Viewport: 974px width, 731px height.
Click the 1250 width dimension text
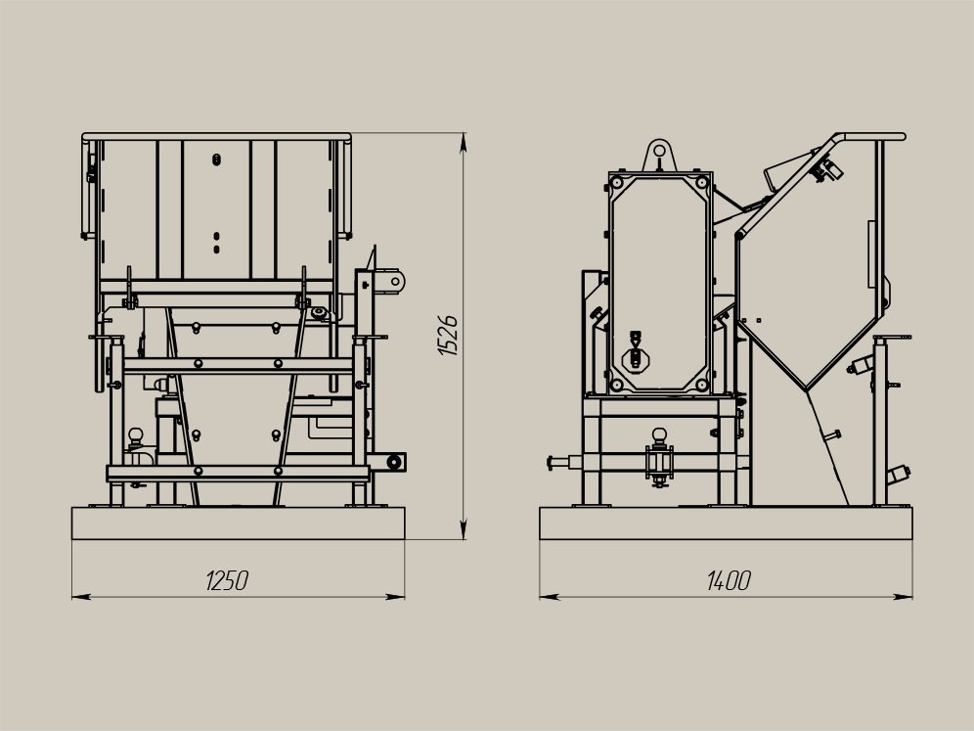227,580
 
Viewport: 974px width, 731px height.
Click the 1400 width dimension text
729,580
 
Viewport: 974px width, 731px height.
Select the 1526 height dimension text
448,335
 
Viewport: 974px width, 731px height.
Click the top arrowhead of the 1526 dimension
463,143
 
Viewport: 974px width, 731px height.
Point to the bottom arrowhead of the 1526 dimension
463,529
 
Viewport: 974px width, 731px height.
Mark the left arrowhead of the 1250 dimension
82,597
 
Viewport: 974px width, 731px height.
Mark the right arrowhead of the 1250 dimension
394,597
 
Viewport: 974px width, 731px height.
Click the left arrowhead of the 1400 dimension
550,597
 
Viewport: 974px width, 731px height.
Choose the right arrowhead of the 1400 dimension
903,597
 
